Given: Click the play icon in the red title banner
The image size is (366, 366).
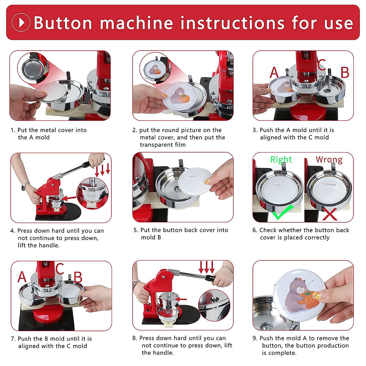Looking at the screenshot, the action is click(x=21, y=22).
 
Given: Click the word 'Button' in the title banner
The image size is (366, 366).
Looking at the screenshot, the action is click(x=63, y=23).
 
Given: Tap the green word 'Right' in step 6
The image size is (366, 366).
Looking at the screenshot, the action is click(x=281, y=160).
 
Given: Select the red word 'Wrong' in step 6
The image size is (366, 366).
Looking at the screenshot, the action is click(x=329, y=160).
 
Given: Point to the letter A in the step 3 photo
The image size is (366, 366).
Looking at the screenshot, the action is click(x=274, y=72).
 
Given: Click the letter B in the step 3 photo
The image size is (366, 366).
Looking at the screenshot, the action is click(x=345, y=72).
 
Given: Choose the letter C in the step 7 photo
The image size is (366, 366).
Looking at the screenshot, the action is click(x=60, y=269).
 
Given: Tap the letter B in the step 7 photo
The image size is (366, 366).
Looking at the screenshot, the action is click(x=78, y=277).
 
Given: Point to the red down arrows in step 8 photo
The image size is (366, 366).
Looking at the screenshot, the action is click(x=207, y=267).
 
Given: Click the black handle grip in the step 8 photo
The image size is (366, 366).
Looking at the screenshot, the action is click(x=210, y=278).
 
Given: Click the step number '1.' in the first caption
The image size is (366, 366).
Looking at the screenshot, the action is click(x=13, y=130).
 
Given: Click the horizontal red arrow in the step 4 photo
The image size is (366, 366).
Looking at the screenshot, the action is click(x=69, y=198).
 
